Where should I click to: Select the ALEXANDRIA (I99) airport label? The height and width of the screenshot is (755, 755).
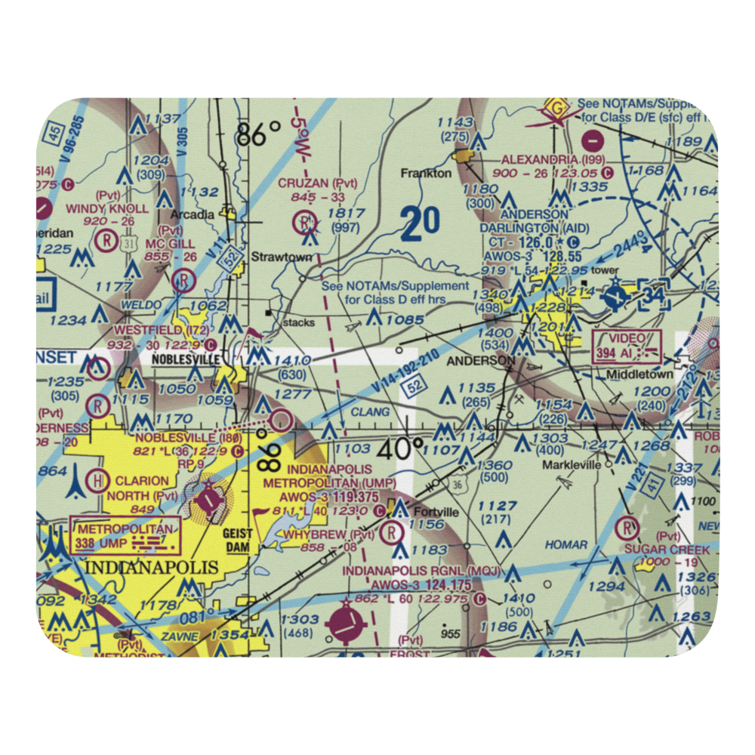[x=550, y=159]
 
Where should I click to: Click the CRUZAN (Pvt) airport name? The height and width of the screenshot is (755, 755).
[x=317, y=183]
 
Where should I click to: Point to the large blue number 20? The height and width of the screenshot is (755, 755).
[x=420, y=224]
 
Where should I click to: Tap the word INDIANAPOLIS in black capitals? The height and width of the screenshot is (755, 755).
[x=153, y=567]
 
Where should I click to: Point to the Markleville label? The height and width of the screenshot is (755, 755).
[x=572, y=464]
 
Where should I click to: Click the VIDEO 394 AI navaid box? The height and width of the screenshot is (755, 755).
[x=627, y=347]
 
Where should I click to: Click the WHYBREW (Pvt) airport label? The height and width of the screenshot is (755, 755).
[x=319, y=535]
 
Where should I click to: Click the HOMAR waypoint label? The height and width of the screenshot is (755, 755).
[x=566, y=544]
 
